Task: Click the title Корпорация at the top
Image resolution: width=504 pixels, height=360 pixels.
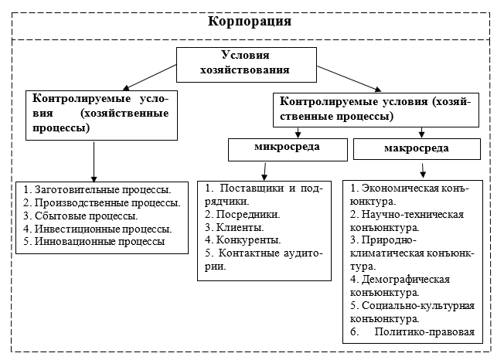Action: pyautogui.click(x=250, y=22)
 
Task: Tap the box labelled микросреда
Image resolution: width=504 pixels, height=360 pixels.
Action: pyautogui.click(x=286, y=147)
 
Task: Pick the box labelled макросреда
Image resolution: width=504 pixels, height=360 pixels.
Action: pyautogui.click(x=417, y=148)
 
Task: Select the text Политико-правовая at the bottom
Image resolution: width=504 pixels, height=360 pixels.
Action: pyautogui.click(x=425, y=332)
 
